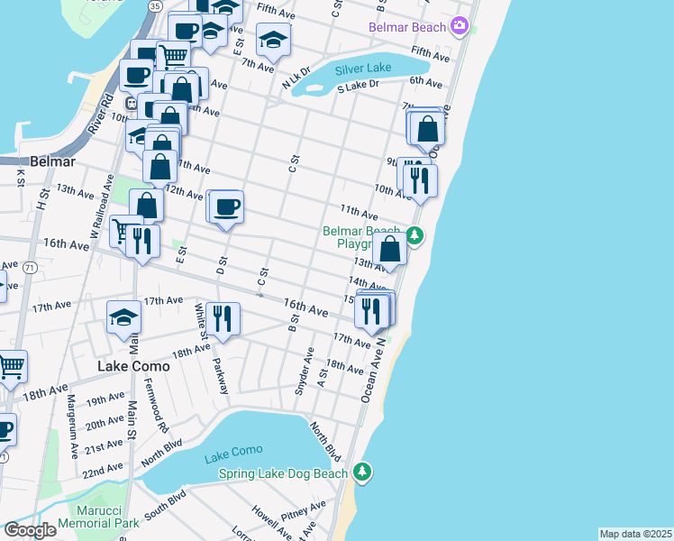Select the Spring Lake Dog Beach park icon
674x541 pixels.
pos(361,472)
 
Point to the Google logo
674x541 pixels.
pos(30,530)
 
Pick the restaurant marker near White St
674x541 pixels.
pos(222,318)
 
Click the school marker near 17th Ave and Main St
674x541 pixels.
pos(124,316)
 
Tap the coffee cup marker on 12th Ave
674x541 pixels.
pos(226,206)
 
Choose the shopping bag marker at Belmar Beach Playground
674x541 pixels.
pos(390,250)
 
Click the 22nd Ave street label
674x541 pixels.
pos(103,470)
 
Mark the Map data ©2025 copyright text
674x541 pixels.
pos(636,534)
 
